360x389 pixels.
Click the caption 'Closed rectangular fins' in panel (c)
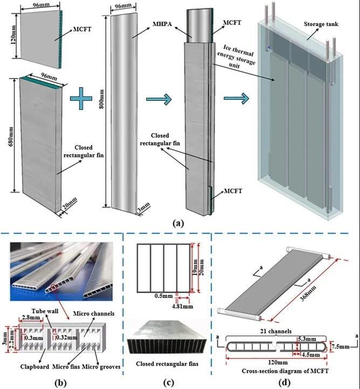[x=168, y=364]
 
